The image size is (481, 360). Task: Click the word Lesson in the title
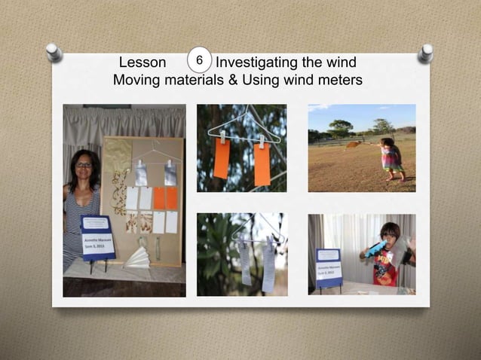[142, 63]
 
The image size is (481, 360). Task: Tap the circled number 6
[198, 59]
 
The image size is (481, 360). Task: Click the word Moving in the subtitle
[136, 80]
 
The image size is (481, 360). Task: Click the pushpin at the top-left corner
[54, 52]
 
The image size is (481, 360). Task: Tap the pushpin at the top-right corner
[426, 53]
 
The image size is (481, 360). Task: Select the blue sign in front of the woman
[97, 236]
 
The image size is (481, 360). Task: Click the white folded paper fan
[139, 258]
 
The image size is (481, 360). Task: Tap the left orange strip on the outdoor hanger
[222, 160]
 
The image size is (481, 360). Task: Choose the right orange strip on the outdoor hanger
[262, 163]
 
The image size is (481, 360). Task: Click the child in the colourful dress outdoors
[391, 158]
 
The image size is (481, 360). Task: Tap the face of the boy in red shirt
[389, 234]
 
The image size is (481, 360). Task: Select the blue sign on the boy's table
[329, 267]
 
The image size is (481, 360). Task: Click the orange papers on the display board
[165, 198]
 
